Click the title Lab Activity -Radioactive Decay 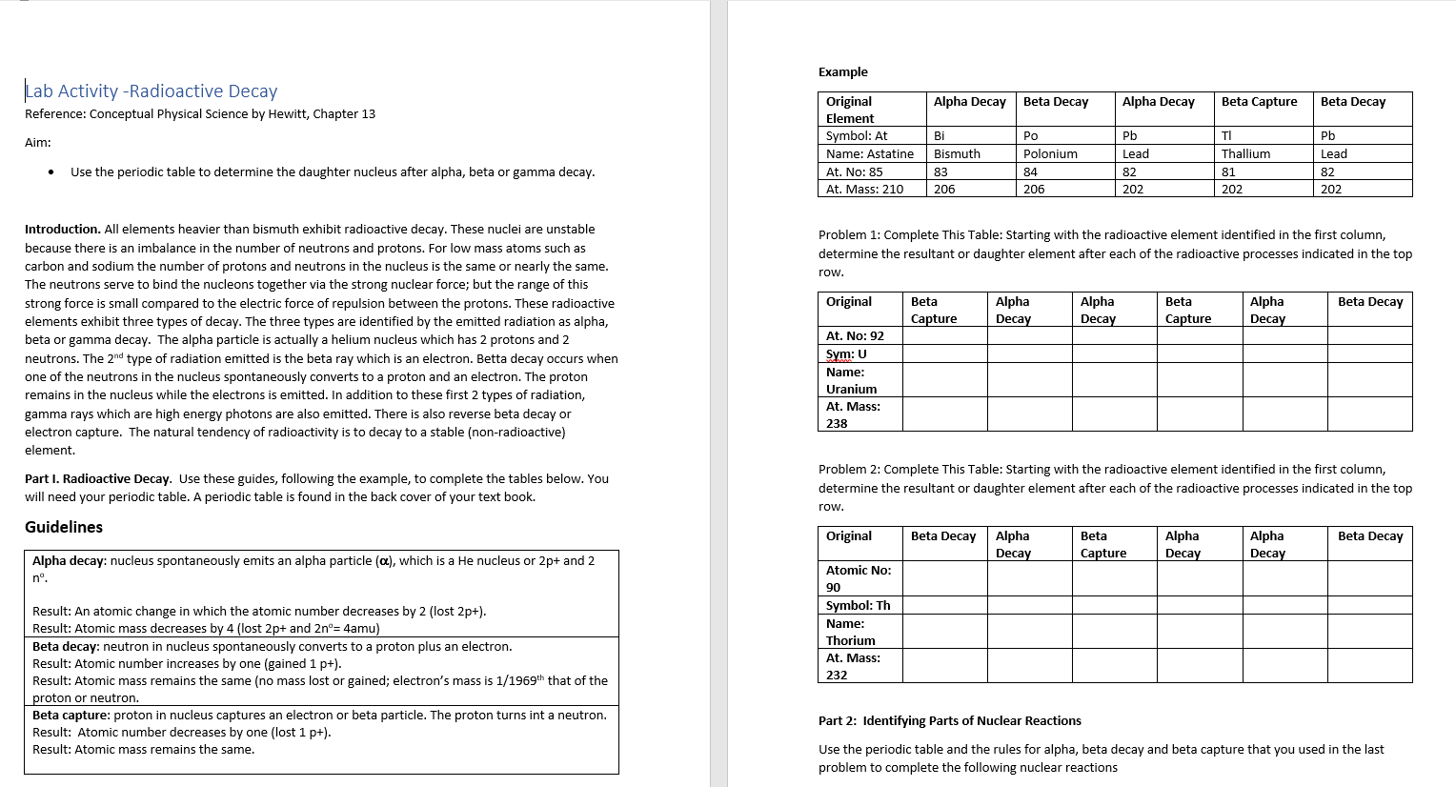(152, 91)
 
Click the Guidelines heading (64, 527)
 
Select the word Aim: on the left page (38, 143)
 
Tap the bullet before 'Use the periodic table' (51, 172)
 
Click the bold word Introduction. (62, 230)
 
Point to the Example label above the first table (842, 72)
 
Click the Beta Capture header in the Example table (1259, 102)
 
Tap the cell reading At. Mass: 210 (864, 190)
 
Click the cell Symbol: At (856, 136)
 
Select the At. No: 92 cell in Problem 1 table (855, 336)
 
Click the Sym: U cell (846, 354)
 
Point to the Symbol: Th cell (858, 606)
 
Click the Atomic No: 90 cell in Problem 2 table (858, 578)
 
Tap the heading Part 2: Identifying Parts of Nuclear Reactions (949, 721)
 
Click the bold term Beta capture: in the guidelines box (71, 716)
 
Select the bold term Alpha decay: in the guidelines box (70, 561)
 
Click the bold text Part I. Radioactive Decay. (98, 479)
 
